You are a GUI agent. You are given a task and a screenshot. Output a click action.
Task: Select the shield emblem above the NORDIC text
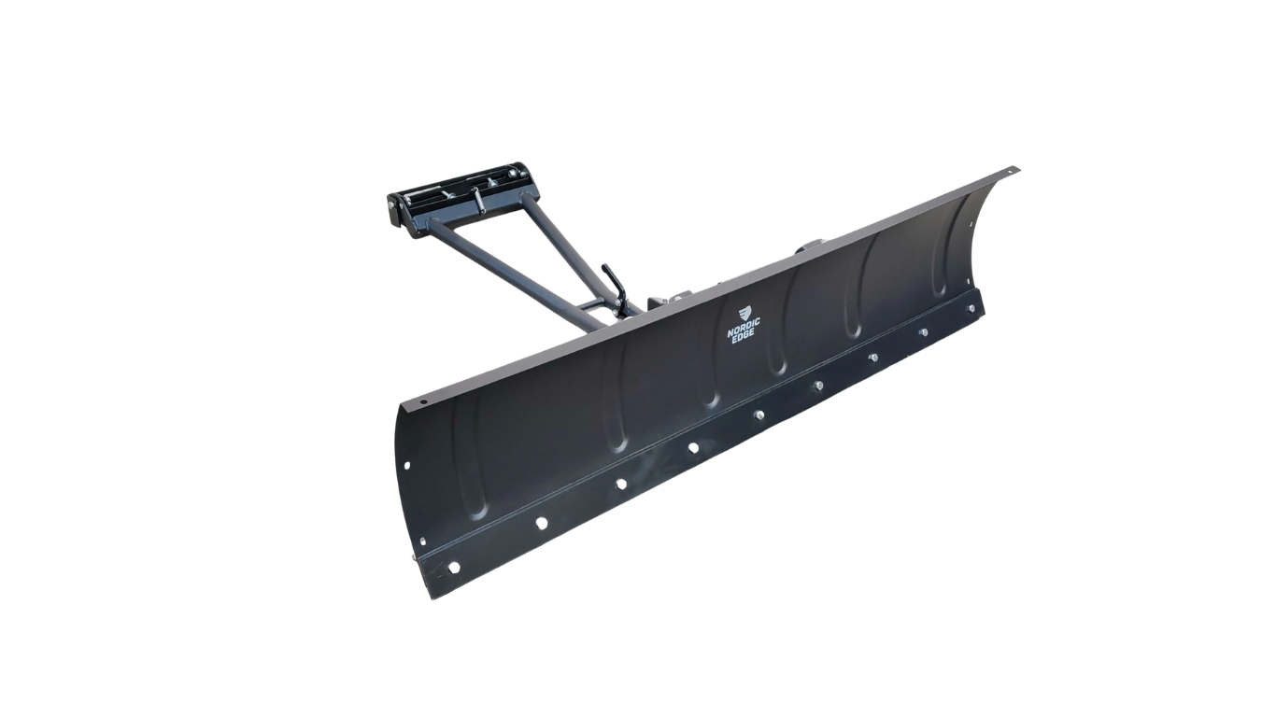[745, 314]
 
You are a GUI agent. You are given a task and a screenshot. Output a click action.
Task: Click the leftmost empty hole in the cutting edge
[454, 568]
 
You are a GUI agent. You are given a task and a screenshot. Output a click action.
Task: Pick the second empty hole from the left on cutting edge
[541, 522]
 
